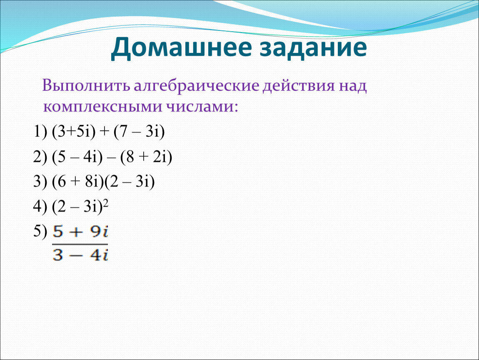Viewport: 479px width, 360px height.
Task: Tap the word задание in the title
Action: (x=313, y=48)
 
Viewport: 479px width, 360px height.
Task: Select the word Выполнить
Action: (x=87, y=85)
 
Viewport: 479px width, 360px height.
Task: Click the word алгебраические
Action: (x=197, y=86)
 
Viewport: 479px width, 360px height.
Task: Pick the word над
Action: (x=352, y=86)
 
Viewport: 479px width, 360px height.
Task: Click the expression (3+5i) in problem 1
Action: (x=74, y=132)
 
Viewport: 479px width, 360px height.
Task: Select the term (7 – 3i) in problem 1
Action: (x=139, y=132)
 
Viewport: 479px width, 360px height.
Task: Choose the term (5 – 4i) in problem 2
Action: (x=77, y=157)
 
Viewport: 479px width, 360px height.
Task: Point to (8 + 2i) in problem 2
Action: (x=146, y=157)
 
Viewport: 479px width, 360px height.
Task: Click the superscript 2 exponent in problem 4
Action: (x=106, y=203)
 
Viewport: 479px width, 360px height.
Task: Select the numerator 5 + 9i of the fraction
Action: (x=80, y=232)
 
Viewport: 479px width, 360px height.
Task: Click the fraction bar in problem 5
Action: (x=80, y=244)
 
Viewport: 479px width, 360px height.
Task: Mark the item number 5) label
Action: (x=40, y=231)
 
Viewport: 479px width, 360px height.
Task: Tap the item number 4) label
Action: (x=40, y=207)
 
